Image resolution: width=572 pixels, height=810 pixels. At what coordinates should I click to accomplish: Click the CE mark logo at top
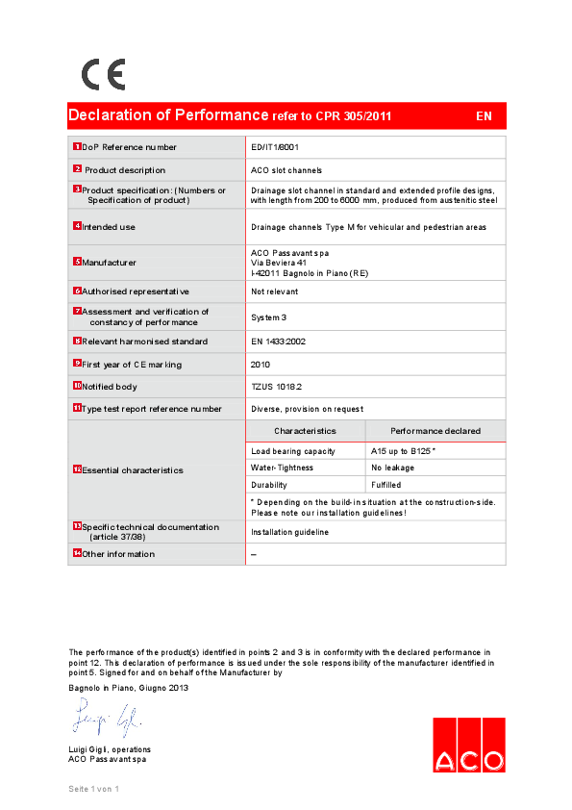click(x=103, y=74)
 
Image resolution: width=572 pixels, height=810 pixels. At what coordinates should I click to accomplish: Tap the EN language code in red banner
click(x=484, y=116)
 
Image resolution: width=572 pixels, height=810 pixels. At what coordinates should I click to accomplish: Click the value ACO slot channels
click(x=286, y=170)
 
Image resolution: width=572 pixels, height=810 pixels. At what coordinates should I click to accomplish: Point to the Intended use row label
click(x=109, y=227)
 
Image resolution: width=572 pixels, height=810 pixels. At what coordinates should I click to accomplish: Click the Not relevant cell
click(x=275, y=291)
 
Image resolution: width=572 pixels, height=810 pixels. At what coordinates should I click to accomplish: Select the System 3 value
click(x=270, y=316)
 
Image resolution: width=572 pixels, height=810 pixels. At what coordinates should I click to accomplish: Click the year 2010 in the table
click(x=261, y=365)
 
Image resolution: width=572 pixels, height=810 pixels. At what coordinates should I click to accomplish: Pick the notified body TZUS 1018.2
click(x=277, y=387)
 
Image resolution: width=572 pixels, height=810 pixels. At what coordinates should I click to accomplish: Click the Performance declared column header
click(x=435, y=431)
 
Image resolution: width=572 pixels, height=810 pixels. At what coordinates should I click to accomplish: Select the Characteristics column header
click(x=305, y=431)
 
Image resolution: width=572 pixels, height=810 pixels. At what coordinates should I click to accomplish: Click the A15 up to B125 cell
click(x=404, y=451)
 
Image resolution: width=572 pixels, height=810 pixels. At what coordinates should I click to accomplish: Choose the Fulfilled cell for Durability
click(x=386, y=485)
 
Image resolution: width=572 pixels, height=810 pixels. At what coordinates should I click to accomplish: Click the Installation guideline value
click(x=290, y=532)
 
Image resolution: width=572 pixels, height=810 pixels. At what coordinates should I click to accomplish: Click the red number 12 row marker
click(x=77, y=469)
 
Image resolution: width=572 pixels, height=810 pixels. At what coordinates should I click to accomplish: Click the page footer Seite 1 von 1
click(x=93, y=789)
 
